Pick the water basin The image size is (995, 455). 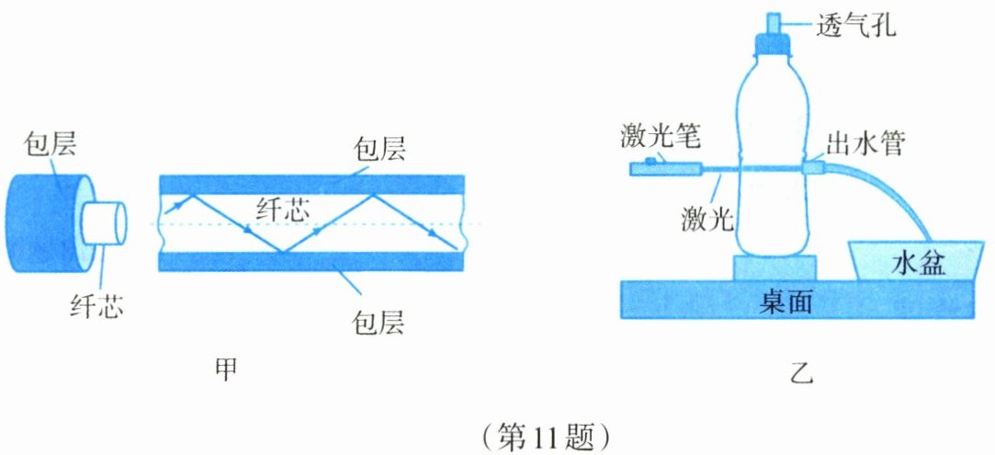click(909, 260)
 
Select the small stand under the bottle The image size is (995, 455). click(774, 268)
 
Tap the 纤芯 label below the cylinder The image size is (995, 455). click(96, 304)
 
